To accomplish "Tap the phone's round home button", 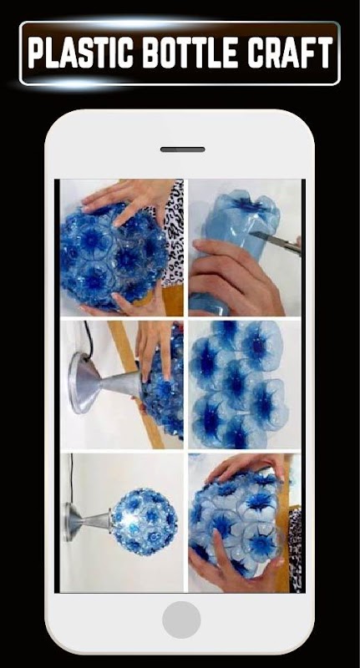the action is [181, 620].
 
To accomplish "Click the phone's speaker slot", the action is [182, 149].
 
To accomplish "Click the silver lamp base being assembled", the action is [104, 382].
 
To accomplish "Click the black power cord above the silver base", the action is [88, 338].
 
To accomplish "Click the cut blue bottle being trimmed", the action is [239, 239].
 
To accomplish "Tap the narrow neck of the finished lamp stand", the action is [96, 521].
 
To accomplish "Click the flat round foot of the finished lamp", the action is [68, 522].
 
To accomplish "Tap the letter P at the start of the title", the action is [36, 53].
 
